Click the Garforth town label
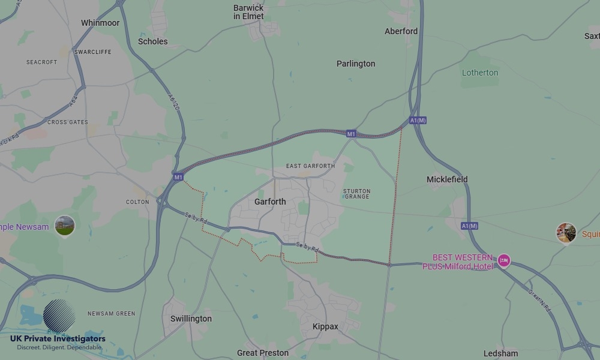tap(270, 202)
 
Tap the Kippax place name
tap(325, 327)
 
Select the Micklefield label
tap(447, 179)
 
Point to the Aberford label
tap(401, 31)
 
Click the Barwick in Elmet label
tap(248, 12)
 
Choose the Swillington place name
tap(191, 319)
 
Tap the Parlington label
tap(356, 64)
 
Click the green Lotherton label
tap(480, 73)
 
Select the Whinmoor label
tap(100, 23)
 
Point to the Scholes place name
tap(153, 41)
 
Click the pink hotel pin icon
tap(504, 261)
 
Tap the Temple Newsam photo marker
tap(65, 226)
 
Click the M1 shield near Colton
tap(178, 177)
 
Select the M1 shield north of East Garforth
tap(352, 134)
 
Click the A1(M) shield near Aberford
tap(418, 121)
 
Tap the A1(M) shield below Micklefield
tap(469, 226)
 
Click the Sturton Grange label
tap(356, 194)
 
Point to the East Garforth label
tap(310, 166)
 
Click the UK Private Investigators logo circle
tap(59, 316)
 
